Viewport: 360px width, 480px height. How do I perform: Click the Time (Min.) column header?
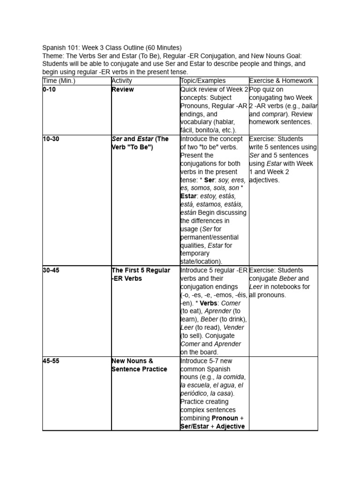[59, 81]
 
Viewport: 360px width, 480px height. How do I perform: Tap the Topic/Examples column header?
[203, 81]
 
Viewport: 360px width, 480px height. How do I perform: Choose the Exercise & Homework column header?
[281, 81]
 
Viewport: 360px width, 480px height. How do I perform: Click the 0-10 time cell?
[49, 90]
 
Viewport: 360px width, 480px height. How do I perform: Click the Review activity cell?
[122, 90]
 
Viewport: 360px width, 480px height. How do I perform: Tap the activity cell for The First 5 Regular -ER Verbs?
[141, 274]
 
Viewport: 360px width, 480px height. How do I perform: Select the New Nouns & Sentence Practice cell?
[139, 365]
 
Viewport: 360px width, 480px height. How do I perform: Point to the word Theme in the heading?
[52, 56]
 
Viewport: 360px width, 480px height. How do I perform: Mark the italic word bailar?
[309, 106]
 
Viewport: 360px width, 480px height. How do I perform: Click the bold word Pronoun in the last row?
[225, 418]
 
